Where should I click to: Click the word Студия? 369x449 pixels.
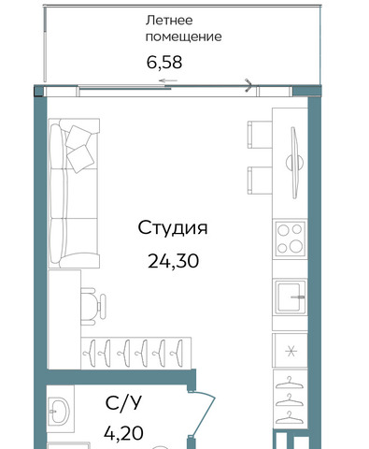pos(173,228)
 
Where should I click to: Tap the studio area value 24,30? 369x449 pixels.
pos(173,261)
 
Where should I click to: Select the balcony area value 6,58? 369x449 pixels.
pos(164,62)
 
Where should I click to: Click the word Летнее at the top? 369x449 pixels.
pos(169,21)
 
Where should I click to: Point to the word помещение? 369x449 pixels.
pos(183,36)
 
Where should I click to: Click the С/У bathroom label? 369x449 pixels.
pos(123,403)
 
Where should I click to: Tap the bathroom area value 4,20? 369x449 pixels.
pos(123,433)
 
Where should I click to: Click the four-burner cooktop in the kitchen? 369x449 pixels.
pos(290,239)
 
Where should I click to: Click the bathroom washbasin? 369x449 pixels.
pos(59,411)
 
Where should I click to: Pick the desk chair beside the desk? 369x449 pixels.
pos(93,307)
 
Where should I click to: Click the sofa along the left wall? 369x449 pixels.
pos(74,193)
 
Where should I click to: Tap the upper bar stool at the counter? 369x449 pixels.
pos(260,135)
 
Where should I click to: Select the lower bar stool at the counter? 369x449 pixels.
pos(260,181)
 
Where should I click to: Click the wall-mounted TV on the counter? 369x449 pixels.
pos(294,163)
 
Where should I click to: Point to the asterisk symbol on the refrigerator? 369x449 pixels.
pos(291,352)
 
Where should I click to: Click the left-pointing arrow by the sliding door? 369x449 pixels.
pos(168,80)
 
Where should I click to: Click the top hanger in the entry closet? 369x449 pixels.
pos(290,384)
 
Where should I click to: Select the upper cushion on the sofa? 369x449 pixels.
pos(78,137)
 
